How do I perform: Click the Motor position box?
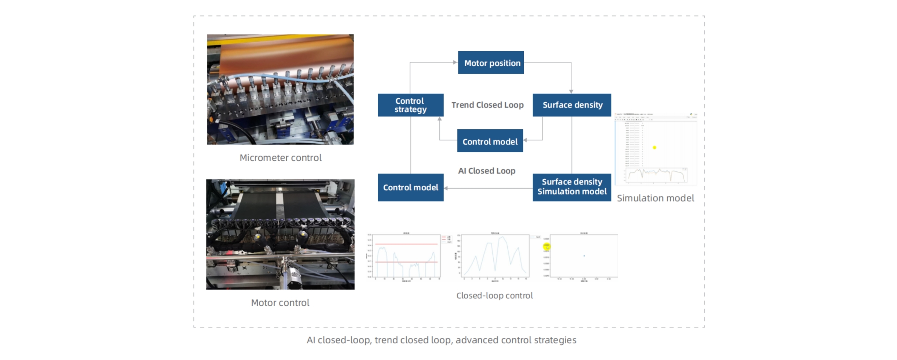tap(491, 63)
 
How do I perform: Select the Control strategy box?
tap(410, 105)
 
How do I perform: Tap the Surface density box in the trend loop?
tap(572, 105)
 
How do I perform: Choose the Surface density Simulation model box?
tap(572, 187)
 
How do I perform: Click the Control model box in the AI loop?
tap(410, 188)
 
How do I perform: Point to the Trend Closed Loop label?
tap(487, 105)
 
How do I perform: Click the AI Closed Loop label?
tap(487, 171)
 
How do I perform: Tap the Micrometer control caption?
tap(280, 158)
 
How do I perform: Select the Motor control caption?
tap(280, 303)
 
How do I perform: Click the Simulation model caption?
tap(655, 198)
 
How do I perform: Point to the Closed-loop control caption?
tap(494, 296)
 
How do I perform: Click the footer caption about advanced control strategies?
tap(441, 340)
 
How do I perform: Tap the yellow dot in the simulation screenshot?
tap(654, 148)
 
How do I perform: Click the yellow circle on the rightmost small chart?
tap(547, 247)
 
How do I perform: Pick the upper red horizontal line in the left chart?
tap(406, 244)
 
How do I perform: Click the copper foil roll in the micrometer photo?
tap(280, 53)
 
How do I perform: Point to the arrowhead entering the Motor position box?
tap(455, 62)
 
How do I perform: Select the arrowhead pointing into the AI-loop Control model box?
tap(446, 188)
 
